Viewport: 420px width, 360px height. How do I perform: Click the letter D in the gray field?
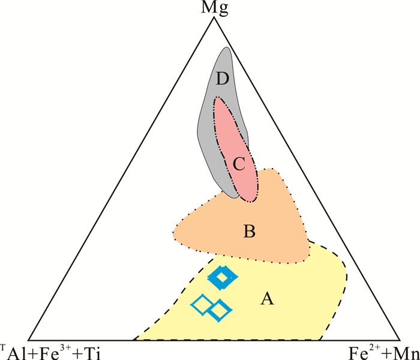pos(223,79)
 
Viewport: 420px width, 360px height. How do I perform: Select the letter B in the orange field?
pos(250,230)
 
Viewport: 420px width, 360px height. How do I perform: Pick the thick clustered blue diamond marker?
pos(223,277)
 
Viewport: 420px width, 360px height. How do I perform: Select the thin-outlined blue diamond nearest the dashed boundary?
pos(202,305)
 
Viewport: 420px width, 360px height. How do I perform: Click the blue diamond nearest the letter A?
pos(221,310)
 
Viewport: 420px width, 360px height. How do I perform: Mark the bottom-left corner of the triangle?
pos(28,339)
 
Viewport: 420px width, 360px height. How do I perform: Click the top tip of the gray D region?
pos(225,47)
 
